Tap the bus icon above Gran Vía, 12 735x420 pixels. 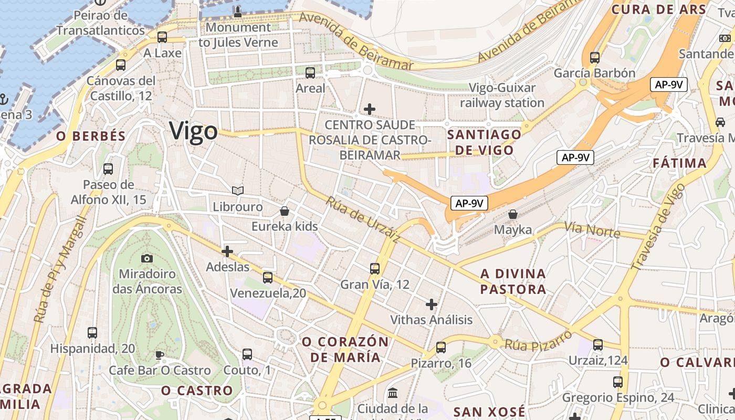[x=375, y=269]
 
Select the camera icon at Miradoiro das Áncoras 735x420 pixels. [x=147, y=258]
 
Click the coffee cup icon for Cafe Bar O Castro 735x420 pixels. [x=160, y=355]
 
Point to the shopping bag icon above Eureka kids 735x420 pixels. [x=285, y=211]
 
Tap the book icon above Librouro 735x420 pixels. [x=238, y=191]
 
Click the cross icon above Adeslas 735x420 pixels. [x=227, y=252]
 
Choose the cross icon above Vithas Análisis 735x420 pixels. [x=432, y=304]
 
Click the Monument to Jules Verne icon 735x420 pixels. [x=238, y=12]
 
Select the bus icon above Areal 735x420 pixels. [x=310, y=73]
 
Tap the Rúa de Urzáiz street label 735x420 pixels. [x=363, y=219]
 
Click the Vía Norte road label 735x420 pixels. [x=592, y=230]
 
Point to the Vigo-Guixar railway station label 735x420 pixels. [x=502, y=95]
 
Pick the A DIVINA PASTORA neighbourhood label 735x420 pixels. [x=513, y=281]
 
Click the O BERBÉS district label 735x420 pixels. [x=91, y=136]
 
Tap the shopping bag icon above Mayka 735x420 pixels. [x=513, y=215]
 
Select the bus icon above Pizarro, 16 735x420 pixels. [x=441, y=348]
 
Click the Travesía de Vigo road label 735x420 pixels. [x=658, y=227]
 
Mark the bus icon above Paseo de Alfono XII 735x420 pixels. [x=108, y=169]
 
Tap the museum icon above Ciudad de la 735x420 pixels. [x=393, y=393]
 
